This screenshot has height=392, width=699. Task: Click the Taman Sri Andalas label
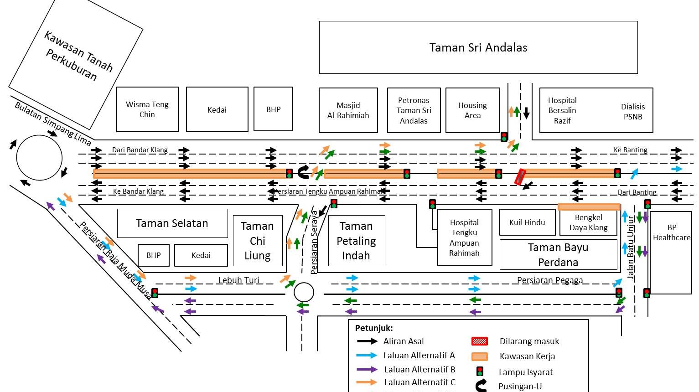(478, 47)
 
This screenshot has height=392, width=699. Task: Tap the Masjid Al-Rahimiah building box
(348, 110)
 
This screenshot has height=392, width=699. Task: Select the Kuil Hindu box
(527, 222)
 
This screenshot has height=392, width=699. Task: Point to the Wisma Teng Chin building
(147, 109)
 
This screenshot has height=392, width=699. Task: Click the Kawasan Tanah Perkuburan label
(75, 62)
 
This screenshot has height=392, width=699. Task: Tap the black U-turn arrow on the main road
(303, 172)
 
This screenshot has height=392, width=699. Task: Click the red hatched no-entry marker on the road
(520, 177)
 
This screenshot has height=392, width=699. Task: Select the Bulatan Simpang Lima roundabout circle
(39, 158)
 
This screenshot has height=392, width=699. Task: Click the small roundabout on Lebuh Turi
(304, 292)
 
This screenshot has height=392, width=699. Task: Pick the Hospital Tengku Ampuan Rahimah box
(464, 237)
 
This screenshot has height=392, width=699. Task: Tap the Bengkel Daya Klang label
(588, 222)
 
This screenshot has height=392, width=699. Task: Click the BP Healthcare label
(672, 232)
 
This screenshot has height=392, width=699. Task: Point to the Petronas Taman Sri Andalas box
(414, 110)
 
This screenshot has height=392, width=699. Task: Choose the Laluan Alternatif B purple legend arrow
(367, 369)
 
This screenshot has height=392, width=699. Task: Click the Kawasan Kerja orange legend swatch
(479, 356)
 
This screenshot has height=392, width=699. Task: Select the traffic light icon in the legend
(479, 371)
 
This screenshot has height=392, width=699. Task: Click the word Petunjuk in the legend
(373, 328)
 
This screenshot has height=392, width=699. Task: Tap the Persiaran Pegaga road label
(549, 280)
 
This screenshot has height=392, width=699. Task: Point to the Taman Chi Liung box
(258, 241)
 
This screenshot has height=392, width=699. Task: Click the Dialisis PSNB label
(633, 111)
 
